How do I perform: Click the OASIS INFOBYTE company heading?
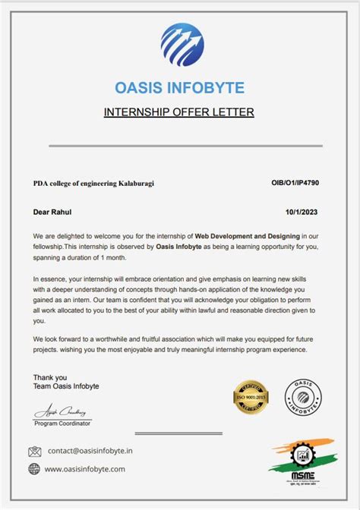179,88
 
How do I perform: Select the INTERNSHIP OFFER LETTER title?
178,112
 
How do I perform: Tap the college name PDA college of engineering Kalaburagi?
93,183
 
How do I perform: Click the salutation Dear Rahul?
52,212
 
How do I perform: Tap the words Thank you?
50,377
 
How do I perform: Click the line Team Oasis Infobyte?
66,386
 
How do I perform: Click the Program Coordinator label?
62,423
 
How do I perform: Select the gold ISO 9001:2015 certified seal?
251,399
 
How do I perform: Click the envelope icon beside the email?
34,451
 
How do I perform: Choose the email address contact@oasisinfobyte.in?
90,451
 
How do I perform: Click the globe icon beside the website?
34,469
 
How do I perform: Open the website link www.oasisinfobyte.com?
85,469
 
